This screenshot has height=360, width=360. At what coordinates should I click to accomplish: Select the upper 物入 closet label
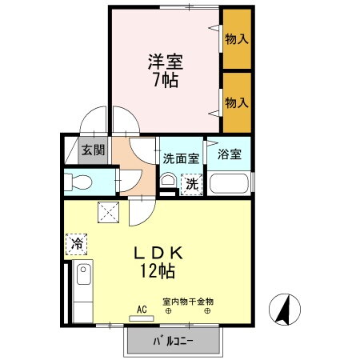pos(235,38)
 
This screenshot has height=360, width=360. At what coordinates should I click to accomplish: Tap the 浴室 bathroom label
pos(230,154)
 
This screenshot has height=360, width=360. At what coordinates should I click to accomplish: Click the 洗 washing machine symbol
pos(191,184)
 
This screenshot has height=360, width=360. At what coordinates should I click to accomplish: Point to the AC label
pos(141,309)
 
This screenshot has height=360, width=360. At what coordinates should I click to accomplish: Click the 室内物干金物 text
pos(189,302)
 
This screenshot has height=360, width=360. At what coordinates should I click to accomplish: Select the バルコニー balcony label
pos(174,344)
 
